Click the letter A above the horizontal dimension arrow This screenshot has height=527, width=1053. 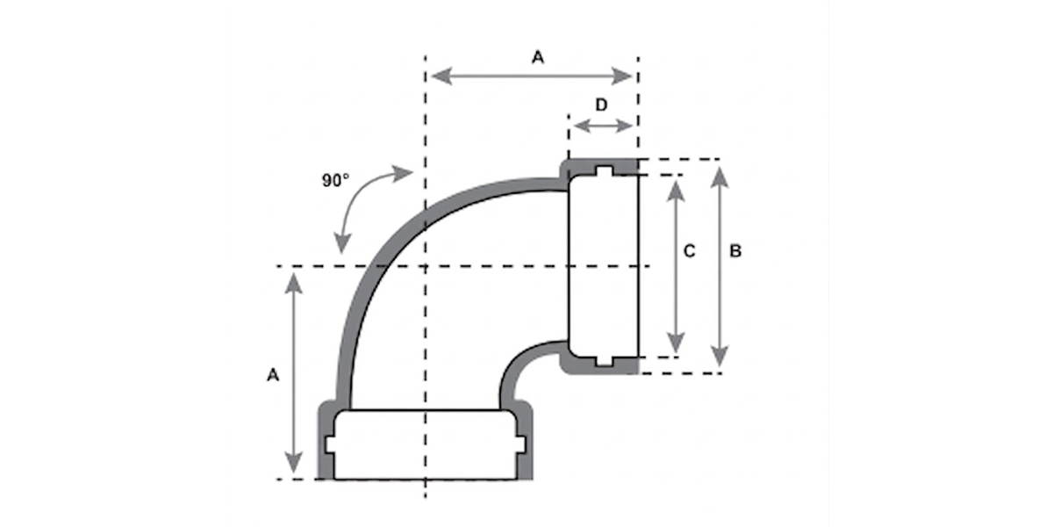click(538, 57)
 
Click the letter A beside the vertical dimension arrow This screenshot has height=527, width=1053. click(273, 374)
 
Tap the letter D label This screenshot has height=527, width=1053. click(601, 105)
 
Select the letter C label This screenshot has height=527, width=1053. click(690, 251)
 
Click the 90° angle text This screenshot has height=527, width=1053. click(334, 180)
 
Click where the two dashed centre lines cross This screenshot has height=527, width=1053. click(426, 266)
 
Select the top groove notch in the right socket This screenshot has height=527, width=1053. click(604, 170)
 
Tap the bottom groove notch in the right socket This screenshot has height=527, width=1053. click(604, 361)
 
